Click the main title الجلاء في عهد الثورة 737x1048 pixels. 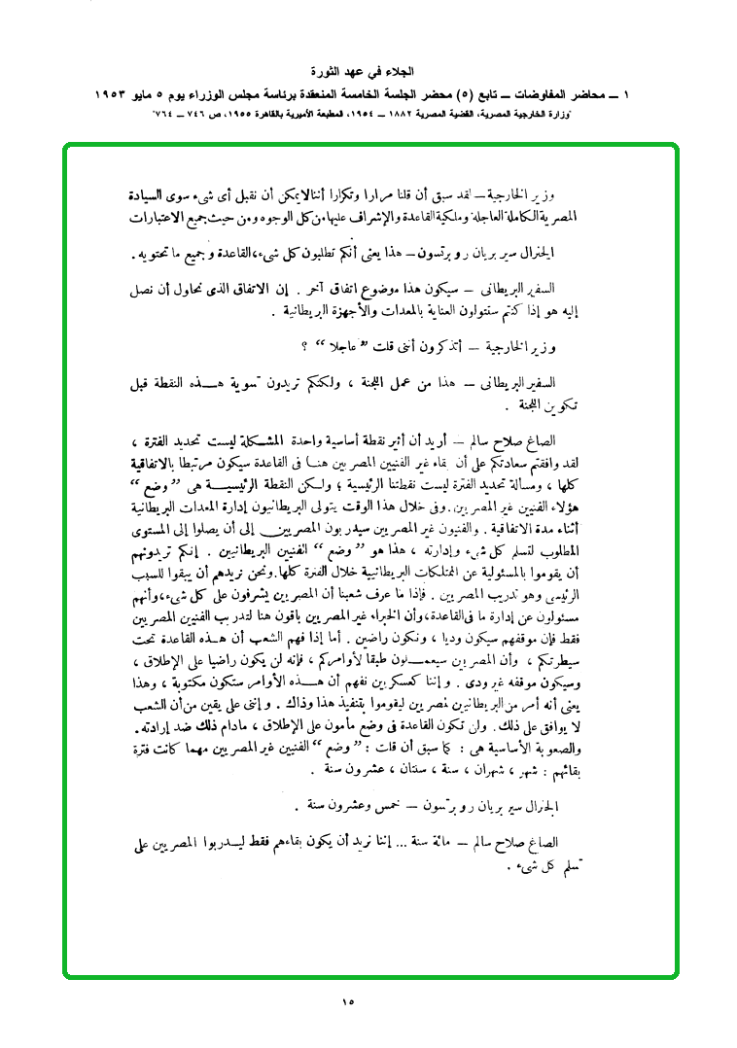pyautogui.click(x=368, y=73)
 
